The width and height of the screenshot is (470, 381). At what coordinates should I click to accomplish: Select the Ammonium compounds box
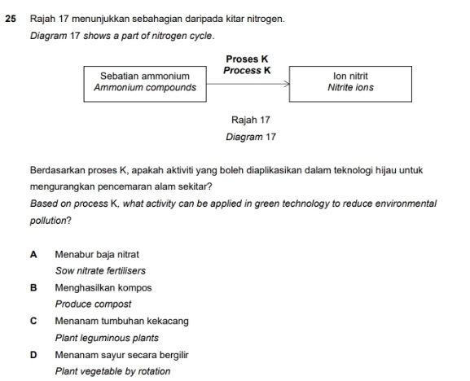(x=144, y=81)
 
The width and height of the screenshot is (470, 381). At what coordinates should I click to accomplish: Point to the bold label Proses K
(x=247, y=59)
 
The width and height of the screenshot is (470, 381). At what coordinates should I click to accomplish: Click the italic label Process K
(x=247, y=70)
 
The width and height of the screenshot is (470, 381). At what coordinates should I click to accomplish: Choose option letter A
(x=33, y=254)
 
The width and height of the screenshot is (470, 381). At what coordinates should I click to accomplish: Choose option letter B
(x=33, y=287)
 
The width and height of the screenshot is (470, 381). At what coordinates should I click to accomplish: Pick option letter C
(x=33, y=321)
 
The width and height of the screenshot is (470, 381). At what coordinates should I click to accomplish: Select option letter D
(x=33, y=354)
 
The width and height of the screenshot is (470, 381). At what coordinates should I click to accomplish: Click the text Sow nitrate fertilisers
(x=100, y=271)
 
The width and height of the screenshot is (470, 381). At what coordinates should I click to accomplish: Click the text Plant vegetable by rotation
(x=112, y=371)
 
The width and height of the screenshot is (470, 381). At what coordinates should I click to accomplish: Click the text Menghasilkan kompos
(x=103, y=287)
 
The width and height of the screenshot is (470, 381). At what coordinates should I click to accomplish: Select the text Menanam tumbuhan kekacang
(x=121, y=321)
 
